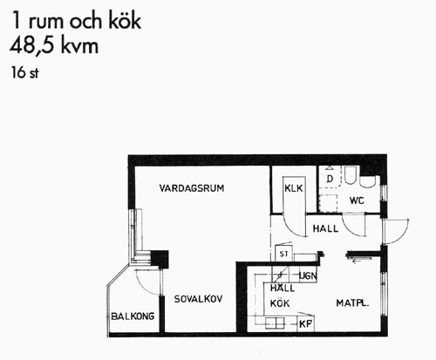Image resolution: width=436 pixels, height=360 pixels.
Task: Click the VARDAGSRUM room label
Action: (192, 188)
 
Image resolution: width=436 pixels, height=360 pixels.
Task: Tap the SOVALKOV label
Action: (198, 299)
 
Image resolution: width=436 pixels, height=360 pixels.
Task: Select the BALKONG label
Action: (133, 316)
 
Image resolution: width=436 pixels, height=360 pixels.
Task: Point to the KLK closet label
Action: (294, 188)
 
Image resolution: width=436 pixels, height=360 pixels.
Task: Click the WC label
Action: (357, 200)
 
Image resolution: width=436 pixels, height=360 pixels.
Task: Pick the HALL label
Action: (325, 228)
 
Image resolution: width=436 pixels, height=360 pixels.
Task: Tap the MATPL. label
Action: (352, 303)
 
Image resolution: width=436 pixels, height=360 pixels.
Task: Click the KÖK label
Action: (280, 303)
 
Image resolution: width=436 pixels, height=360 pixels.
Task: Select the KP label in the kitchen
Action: (305, 324)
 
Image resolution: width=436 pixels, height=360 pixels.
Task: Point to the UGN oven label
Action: (308, 275)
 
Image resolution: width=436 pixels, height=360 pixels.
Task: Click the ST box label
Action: (284, 254)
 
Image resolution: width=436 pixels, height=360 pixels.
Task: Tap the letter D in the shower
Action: (330, 179)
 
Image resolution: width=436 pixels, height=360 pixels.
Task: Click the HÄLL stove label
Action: (283, 289)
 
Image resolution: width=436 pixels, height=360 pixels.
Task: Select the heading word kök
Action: (125, 21)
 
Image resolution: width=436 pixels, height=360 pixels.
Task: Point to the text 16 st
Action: (25, 72)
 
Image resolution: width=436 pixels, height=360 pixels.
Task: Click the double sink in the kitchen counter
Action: (275, 323)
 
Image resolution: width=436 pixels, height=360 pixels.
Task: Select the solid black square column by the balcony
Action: (160, 259)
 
